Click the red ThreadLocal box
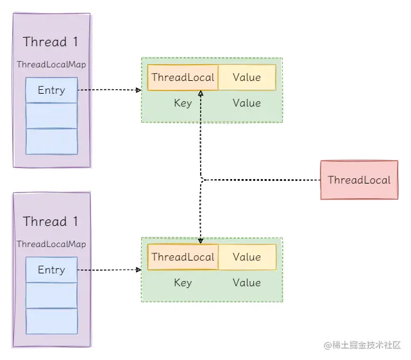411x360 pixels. (358, 180)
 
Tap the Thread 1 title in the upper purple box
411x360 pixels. (51, 42)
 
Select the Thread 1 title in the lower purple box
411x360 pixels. (51, 222)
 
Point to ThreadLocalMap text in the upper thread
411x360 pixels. (51, 65)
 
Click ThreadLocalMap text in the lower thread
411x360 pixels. (51, 244)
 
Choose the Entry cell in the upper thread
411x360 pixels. (51, 90)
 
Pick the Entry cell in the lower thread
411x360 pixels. (51, 270)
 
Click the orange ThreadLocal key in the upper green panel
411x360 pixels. (183, 77)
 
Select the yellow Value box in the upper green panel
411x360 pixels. (247, 77)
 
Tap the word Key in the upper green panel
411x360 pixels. (183, 103)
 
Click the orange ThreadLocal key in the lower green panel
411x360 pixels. (183, 257)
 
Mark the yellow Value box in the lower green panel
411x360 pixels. (247, 257)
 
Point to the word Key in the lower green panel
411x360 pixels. (183, 282)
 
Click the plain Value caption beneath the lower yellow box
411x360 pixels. (247, 282)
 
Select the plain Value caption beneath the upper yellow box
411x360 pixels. (247, 103)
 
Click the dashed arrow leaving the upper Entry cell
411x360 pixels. (109, 90)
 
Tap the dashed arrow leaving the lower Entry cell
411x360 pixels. (109, 270)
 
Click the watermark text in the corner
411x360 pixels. (362, 345)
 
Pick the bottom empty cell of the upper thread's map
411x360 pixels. (51, 141)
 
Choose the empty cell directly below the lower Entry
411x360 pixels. (51, 295)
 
